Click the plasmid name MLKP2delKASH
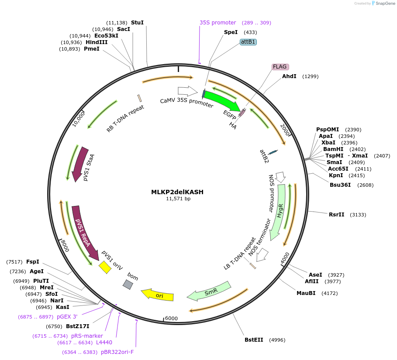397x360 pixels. pyautogui.click(x=177, y=192)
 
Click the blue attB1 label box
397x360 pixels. pyautogui.click(x=248, y=42)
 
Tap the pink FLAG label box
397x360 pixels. pyautogui.click(x=280, y=67)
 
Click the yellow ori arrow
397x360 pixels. pyautogui.click(x=158, y=295)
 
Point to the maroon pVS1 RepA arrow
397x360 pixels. pyautogui.click(x=84, y=232)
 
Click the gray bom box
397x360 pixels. pyautogui.click(x=128, y=285)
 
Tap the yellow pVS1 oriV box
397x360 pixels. pyautogui.click(x=105, y=267)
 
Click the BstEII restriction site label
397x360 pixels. pyautogui.click(x=254, y=339)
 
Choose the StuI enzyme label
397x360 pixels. pyautogui.click(x=137, y=22)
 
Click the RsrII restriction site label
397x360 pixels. pyautogui.click(x=336, y=214)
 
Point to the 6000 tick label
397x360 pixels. pyautogui.click(x=171, y=318)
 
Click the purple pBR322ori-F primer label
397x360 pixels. pyautogui.click(x=117, y=352)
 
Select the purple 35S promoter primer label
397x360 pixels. pyautogui.click(x=217, y=22)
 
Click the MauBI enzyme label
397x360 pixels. pyautogui.click(x=306, y=293)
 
